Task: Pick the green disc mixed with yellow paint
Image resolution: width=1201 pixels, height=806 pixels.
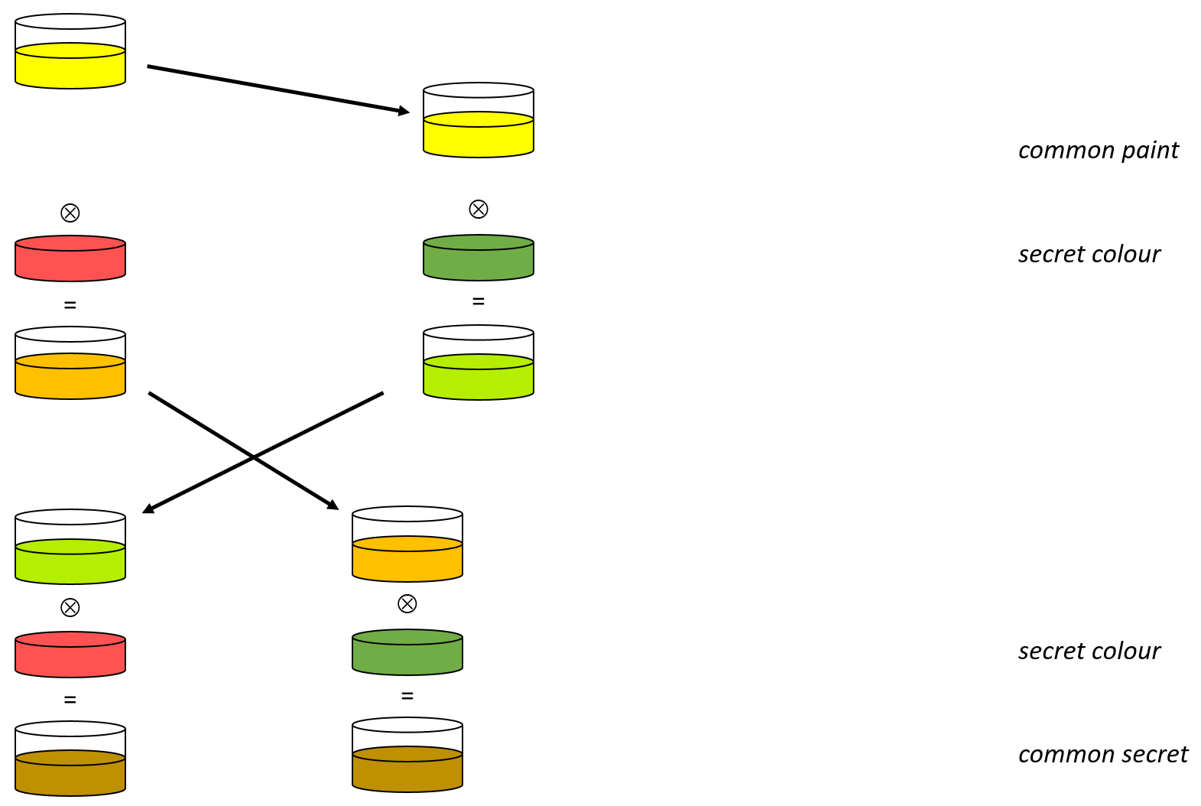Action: [x=479, y=258]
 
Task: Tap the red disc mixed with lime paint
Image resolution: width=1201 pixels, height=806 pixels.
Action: [x=70, y=655]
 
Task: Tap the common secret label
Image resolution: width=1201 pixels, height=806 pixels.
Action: [x=1102, y=755]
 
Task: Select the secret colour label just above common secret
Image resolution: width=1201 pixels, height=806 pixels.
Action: [x=1089, y=652]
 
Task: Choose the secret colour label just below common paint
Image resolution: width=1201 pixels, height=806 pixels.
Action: [x=1089, y=255]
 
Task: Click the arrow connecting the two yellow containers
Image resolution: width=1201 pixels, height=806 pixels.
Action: [x=275, y=89]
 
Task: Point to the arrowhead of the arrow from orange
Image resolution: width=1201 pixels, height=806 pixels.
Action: [x=333, y=505]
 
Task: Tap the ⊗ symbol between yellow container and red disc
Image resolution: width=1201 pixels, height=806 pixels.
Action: [x=70, y=213]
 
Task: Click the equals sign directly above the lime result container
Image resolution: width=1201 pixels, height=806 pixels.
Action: [x=479, y=302]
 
